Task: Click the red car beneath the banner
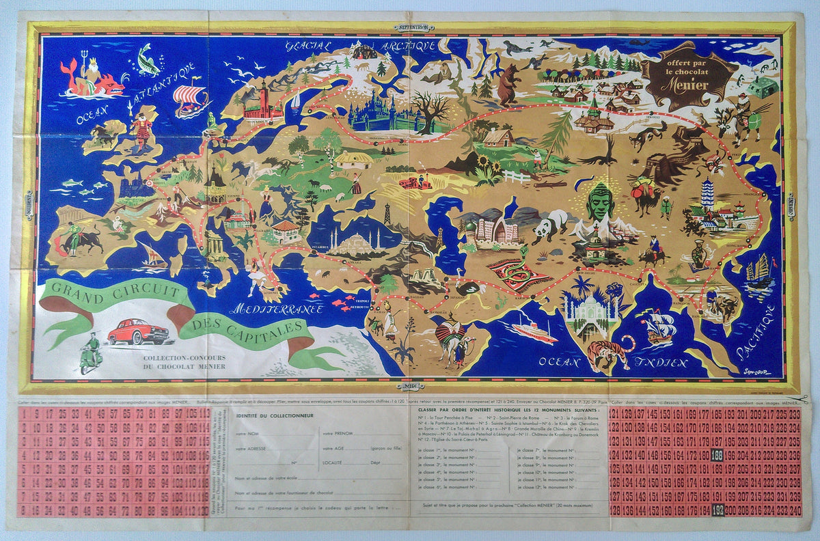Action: point(138,331)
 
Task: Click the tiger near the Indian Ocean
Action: point(609,353)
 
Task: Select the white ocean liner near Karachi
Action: point(534,331)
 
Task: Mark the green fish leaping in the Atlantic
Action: point(148,58)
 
